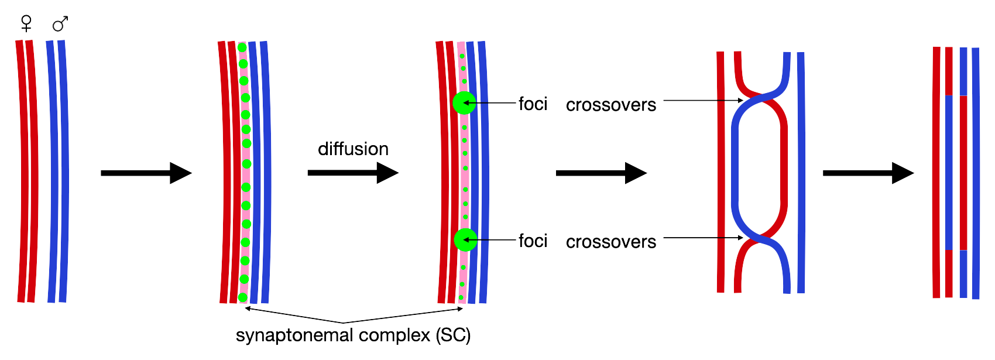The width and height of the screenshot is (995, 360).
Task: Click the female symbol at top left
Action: click(x=26, y=23)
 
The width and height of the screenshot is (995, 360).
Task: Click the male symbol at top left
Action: click(x=60, y=24)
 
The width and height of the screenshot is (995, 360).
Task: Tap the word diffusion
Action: click(x=353, y=149)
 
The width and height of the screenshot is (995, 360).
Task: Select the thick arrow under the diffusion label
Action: click(x=352, y=173)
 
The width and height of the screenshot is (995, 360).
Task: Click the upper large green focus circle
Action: click(x=464, y=103)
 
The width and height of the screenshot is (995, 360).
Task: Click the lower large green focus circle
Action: click(x=465, y=239)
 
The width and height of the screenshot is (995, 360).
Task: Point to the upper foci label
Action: click(x=533, y=104)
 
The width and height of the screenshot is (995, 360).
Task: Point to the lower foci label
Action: click(x=533, y=241)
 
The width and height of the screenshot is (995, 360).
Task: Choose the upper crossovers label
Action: click(x=610, y=105)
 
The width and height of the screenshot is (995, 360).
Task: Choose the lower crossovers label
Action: click(x=610, y=242)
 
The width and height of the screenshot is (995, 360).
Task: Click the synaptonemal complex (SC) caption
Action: click(x=353, y=335)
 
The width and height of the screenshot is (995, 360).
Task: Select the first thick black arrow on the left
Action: click(x=146, y=173)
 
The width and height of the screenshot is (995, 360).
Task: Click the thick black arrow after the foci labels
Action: click(x=601, y=173)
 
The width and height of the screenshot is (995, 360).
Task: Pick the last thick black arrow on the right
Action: click(x=868, y=173)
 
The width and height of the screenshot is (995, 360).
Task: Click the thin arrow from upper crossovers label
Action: click(x=702, y=101)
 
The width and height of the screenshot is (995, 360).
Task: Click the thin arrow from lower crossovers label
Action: click(x=702, y=238)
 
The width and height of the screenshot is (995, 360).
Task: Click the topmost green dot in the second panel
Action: click(x=242, y=47)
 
